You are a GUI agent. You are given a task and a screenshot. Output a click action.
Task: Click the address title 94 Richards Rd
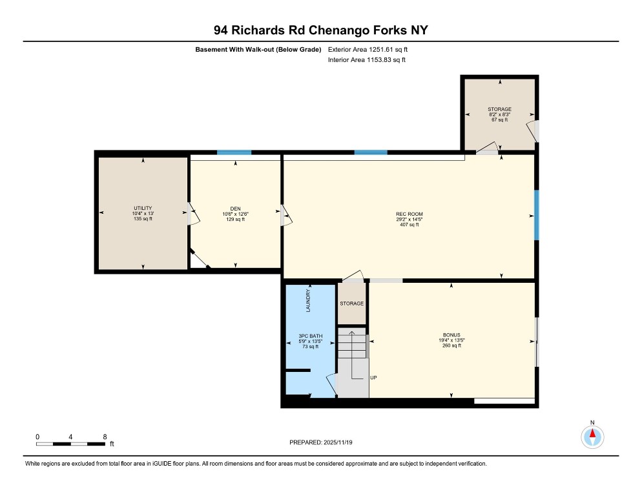(320, 30)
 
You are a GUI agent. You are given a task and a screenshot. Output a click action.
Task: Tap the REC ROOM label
(409, 214)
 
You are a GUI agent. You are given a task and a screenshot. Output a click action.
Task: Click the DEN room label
(234, 209)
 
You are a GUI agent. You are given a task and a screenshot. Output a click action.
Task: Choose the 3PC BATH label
(311, 336)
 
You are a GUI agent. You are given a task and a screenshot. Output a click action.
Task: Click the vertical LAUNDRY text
(309, 301)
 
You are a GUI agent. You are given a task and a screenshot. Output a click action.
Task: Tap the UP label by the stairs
(373, 378)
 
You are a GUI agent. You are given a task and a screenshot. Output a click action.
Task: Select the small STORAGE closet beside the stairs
(352, 304)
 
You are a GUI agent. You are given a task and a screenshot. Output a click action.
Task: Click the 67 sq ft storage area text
(499, 120)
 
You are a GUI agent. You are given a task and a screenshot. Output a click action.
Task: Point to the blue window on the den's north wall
(234, 152)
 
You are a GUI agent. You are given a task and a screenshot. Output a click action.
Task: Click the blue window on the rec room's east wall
(536, 215)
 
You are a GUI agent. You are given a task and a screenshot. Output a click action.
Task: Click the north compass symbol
(592, 438)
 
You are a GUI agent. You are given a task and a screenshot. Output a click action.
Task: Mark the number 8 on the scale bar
(105, 437)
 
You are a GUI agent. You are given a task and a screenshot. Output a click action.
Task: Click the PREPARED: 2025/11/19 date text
(320, 442)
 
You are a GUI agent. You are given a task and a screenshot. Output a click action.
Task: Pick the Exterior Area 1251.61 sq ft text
(368, 49)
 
